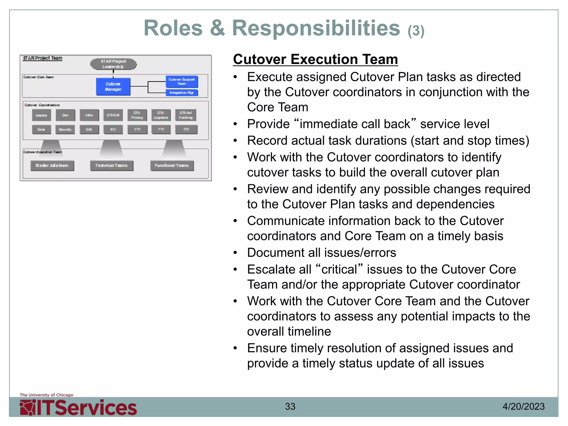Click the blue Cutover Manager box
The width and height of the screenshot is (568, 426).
coord(113,87)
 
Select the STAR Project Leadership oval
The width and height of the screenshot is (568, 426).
coord(113,64)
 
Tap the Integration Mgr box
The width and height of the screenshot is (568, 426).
coord(182,93)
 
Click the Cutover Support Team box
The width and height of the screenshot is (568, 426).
coord(182,82)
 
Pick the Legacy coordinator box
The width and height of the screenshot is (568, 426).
coord(41,115)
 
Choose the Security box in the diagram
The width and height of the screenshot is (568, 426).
coord(65,130)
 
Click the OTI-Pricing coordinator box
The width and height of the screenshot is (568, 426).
coord(137,115)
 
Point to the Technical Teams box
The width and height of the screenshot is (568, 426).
coord(111,166)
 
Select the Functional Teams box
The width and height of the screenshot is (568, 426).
coord(172,166)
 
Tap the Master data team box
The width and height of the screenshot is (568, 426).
coord(52,166)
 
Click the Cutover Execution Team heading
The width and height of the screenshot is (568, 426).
coord(315,59)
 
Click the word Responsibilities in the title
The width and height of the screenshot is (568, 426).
coord(316,28)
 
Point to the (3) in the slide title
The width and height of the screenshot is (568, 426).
coord(416,31)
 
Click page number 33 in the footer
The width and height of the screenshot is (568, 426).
coord(290,407)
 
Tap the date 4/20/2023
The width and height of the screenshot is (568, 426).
coord(523,407)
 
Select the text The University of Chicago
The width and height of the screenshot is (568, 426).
coord(47,395)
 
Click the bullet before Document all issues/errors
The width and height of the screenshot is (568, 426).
coord(235,253)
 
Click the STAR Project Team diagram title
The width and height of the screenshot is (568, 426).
coord(43,58)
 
